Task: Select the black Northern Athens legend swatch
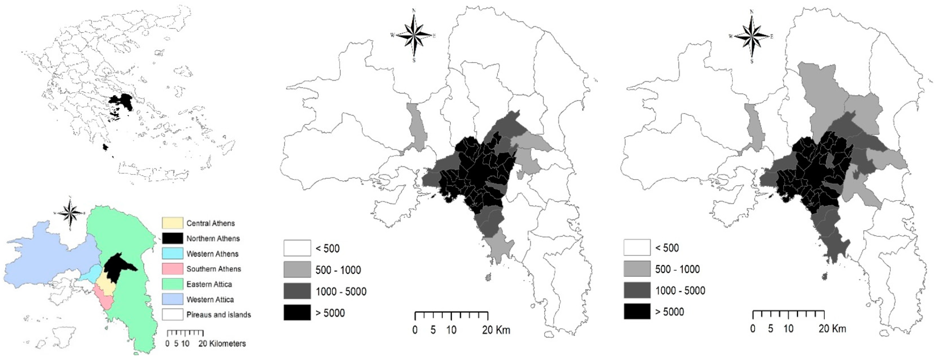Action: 172,238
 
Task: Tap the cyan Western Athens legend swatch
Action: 172,254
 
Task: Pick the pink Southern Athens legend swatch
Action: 172,269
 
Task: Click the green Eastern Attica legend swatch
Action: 172,284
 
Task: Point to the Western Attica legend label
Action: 210,299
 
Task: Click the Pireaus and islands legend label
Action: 218,315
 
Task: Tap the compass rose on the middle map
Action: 414,35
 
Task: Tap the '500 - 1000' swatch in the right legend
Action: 637,269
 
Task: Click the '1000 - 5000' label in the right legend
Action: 680,290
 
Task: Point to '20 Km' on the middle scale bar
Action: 496,330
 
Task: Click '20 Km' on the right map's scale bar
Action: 832,329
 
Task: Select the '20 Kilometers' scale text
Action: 222,344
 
